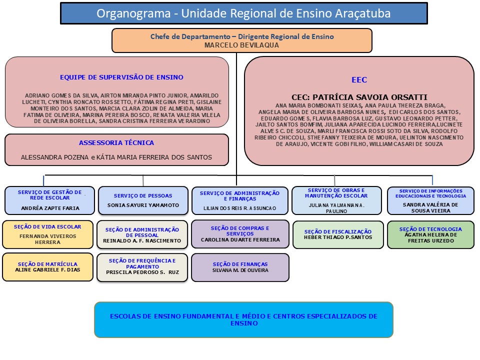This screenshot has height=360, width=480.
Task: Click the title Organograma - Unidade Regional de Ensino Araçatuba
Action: click(243, 13)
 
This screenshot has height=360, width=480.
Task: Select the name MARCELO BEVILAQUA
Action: click(241, 45)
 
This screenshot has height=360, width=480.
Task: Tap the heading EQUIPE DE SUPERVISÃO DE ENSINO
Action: click(121, 77)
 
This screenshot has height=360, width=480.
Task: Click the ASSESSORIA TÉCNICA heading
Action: click(116, 143)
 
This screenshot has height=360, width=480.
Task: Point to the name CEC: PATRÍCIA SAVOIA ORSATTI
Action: click(359, 97)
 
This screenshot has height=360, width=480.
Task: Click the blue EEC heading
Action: click(359, 80)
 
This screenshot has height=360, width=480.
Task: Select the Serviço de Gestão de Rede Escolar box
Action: click(49, 200)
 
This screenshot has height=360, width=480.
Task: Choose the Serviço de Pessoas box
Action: click(143, 200)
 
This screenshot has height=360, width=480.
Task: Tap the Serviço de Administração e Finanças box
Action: click(240, 200)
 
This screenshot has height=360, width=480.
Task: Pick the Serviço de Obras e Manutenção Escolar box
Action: click(337, 200)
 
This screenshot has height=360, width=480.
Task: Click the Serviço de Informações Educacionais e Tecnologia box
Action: click(430, 200)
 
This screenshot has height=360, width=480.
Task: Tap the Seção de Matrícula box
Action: click(47, 267)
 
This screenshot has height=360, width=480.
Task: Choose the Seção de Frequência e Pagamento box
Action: click(142, 268)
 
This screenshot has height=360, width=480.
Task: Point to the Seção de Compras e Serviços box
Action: click(240, 234)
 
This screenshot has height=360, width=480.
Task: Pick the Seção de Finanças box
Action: click(240, 267)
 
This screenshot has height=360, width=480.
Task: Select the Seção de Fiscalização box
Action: click(337, 234)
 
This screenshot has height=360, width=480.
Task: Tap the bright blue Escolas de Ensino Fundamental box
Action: click(243, 319)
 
